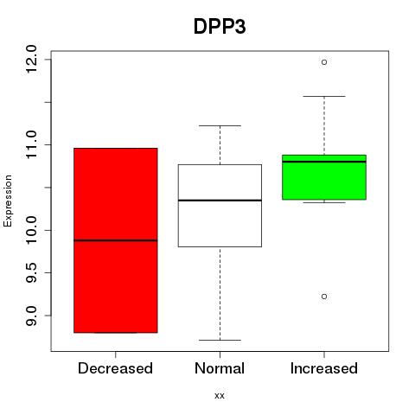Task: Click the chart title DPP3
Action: click(220, 27)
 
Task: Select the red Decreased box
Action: click(116, 240)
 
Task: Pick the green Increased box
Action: click(324, 177)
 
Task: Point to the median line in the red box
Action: click(116, 240)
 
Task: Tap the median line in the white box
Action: click(220, 200)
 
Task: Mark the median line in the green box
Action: click(324, 162)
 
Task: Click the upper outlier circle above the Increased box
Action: click(324, 62)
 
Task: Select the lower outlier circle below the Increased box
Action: click(324, 297)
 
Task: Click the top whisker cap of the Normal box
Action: click(220, 125)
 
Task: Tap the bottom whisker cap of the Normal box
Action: click(220, 340)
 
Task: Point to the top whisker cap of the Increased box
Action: click(324, 96)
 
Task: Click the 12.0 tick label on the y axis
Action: click(31, 60)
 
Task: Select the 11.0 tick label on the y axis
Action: click(31, 144)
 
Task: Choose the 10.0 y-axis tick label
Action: click(31, 230)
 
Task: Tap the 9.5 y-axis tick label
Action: click(31, 272)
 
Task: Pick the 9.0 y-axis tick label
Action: click(31, 316)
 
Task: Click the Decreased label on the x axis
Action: click(115, 368)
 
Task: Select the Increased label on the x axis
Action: click(324, 368)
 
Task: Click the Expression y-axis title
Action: click(8, 201)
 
